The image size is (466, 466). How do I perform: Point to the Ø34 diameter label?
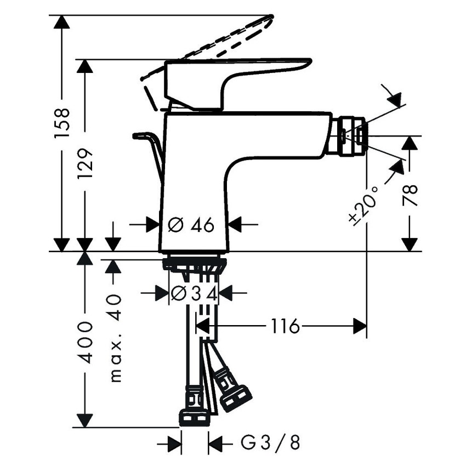tap(195, 294)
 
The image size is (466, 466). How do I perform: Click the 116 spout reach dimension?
tap(285, 327)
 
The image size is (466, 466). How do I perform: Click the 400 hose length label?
tap(85, 343)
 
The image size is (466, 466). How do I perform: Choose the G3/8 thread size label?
tap(270, 442)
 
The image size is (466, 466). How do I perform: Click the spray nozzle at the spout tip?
tap(351, 136)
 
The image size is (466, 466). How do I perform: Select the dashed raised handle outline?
tap(219, 41)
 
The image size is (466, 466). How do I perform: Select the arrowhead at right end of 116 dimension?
tap(360, 327)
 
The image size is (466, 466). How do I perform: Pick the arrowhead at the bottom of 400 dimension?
tap(84, 419)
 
